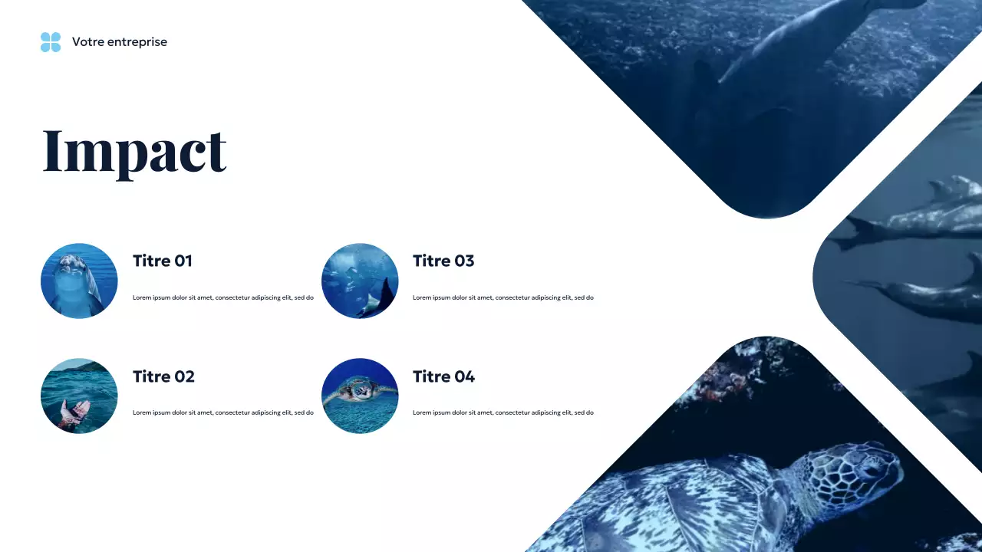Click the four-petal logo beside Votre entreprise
tap(51, 42)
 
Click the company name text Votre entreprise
tap(119, 42)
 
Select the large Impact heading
tap(134, 151)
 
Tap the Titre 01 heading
tap(162, 261)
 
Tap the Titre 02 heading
tap(163, 376)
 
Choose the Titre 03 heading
tap(443, 261)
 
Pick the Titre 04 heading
tap(443, 376)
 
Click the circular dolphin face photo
tap(79, 281)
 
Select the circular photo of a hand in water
tap(79, 396)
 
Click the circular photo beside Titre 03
tap(360, 281)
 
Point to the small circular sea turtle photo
tap(360, 396)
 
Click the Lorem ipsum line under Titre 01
tap(222, 297)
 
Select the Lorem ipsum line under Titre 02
tap(222, 412)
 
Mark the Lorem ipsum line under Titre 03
tap(503, 297)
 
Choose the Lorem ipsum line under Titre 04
tap(503, 412)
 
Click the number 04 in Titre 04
tap(464, 376)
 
